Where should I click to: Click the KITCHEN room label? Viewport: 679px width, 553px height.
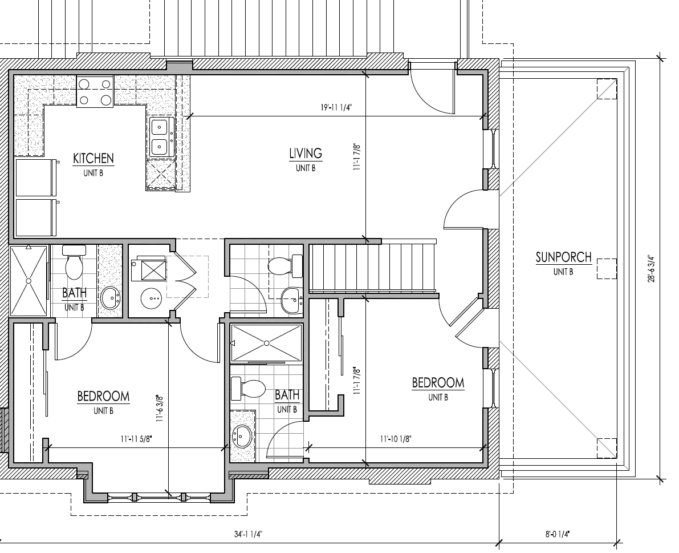click(93, 158)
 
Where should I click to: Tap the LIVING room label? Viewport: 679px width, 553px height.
click(305, 153)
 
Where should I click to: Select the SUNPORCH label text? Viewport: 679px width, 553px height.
click(563, 257)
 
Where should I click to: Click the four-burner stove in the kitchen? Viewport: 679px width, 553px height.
click(95, 91)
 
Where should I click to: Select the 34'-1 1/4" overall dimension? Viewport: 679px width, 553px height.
click(247, 534)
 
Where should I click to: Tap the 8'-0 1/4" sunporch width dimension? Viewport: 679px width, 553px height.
click(557, 534)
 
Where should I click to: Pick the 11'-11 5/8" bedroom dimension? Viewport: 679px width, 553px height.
click(136, 439)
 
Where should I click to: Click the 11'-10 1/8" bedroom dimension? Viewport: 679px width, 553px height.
click(396, 439)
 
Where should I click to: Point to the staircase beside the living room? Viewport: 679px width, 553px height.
click(373, 267)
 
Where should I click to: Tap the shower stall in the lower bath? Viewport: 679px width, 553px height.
click(266, 343)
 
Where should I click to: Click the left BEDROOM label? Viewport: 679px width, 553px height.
click(103, 395)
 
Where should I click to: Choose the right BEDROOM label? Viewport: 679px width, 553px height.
click(438, 382)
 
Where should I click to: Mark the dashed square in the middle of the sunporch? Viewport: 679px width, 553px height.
click(607, 268)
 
